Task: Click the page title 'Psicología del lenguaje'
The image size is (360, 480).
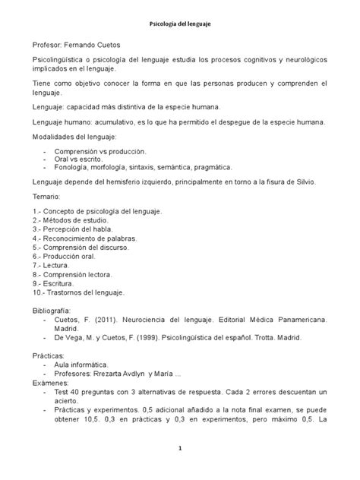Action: (180, 25)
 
